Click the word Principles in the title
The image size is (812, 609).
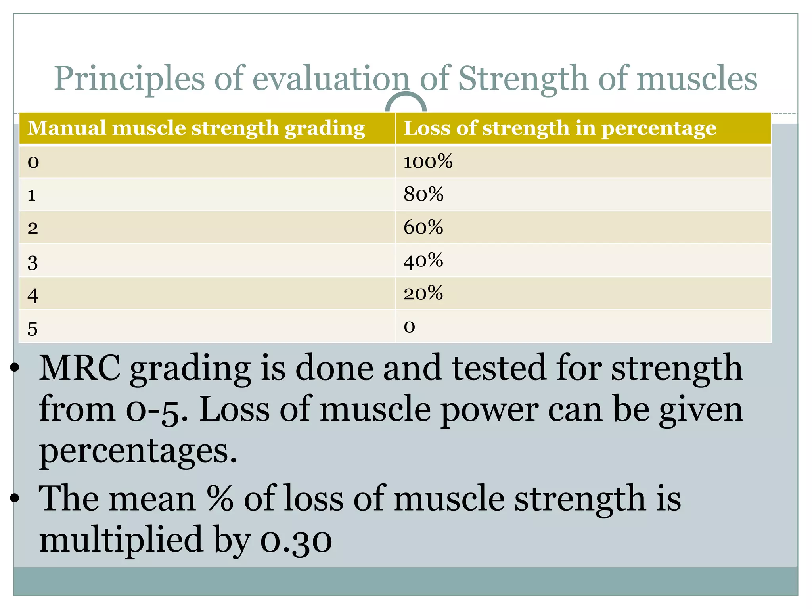[129, 79]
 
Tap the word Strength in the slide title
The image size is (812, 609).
[523, 79]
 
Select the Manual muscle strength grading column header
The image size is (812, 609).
[196, 128]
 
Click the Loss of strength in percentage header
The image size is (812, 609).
[559, 128]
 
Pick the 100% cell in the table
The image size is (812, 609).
[428, 162]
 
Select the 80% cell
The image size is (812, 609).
[423, 195]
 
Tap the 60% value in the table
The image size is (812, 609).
[423, 228]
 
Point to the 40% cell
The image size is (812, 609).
[423, 261]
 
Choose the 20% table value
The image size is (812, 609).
[423, 294]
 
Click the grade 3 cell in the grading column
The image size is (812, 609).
[33, 262]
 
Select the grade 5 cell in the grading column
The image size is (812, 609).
[33, 328]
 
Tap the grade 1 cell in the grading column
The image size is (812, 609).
[32, 195]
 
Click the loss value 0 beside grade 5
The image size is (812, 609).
[409, 327]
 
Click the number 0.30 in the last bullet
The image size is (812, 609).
[296, 541]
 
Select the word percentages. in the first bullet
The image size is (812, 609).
[138, 452]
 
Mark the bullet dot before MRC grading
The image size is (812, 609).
[15, 369]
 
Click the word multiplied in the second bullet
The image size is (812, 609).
[121, 540]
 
